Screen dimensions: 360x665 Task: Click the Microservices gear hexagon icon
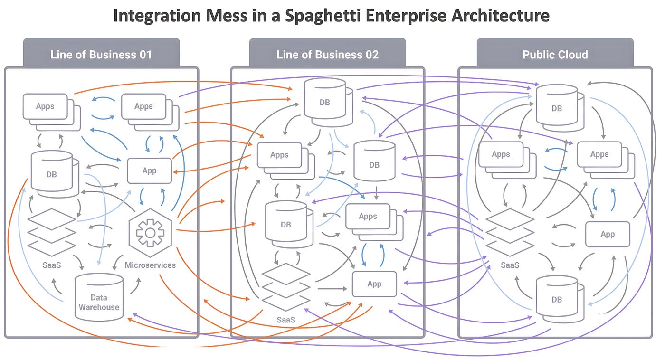(150, 232)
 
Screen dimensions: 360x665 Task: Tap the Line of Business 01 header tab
(101, 54)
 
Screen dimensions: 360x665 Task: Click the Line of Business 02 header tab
(327, 54)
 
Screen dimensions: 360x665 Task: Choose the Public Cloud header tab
(555, 54)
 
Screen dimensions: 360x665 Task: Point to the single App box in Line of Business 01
(149, 171)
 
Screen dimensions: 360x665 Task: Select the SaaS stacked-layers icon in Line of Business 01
(51, 233)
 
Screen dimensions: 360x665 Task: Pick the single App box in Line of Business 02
(374, 284)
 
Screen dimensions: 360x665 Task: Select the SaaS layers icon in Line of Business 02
(285, 287)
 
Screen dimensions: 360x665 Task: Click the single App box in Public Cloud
(608, 234)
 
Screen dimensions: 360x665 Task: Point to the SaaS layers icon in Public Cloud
(510, 232)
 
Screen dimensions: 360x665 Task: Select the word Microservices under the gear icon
(150, 265)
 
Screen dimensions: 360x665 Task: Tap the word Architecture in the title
(499, 16)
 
